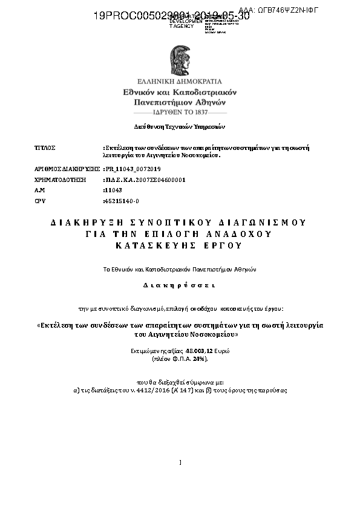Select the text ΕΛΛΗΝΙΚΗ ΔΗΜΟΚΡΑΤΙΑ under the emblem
pos(180,80)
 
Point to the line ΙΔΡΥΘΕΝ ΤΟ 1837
pos(180,112)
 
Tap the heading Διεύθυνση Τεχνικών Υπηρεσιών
pos(179,127)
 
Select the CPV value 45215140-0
pos(122,201)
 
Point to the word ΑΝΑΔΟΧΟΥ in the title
pos(244,233)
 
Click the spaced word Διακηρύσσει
pos(179,284)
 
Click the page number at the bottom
pos(180,462)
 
